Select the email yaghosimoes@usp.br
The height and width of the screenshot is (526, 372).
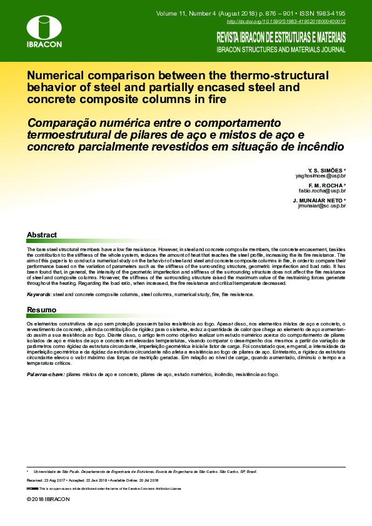pyautogui.click(x=321, y=177)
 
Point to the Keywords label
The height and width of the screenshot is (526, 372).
pyautogui.click(x=38, y=294)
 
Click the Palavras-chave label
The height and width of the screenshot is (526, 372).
pyautogui.click(x=44, y=374)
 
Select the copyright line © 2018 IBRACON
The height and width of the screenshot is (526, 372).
pyautogui.click(x=48, y=500)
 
